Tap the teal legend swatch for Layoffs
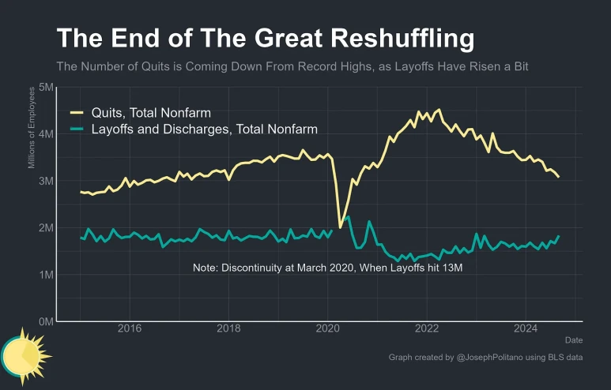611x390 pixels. pyautogui.click(x=77, y=129)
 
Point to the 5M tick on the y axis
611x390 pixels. pyautogui.click(x=46, y=88)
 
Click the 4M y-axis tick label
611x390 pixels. pyautogui.click(x=46, y=134)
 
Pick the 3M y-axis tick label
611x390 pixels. pyautogui.click(x=46, y=181)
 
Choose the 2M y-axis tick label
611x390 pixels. pyautogui.click(x=46, y=227)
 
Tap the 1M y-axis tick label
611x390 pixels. pyautogui.click(x=46, y=275)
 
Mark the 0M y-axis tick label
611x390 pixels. pyautogui.click(x=46, y=321)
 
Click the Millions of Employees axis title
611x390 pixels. pyautogui.click(x=32, y=128)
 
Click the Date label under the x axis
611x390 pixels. pyautogui.click(x=573, y=340)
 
